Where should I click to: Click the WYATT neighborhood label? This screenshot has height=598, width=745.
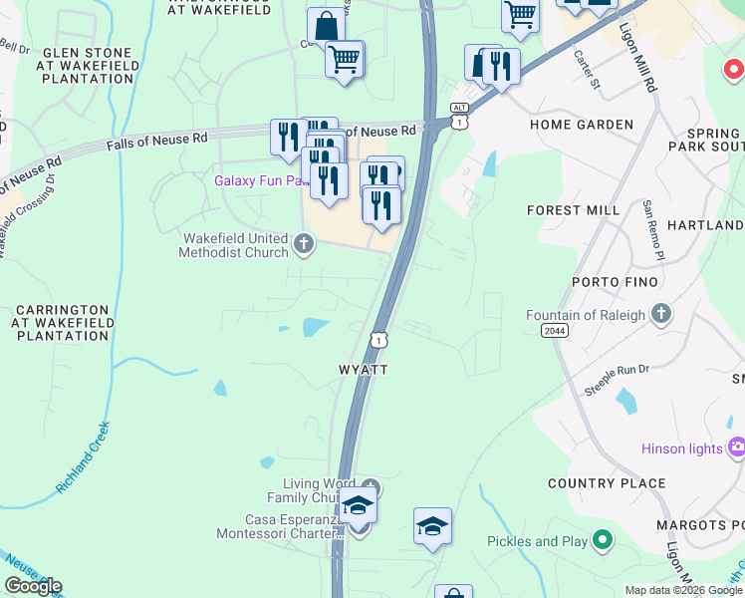coord(363,369)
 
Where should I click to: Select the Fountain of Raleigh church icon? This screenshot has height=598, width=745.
coord(659,315)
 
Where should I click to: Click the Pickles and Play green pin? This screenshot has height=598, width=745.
coord(601,541)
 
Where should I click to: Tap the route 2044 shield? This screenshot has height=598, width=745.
coord(556,330)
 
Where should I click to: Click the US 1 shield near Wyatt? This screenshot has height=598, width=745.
coord(379,340)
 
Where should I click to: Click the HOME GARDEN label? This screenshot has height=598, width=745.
coord(582,125)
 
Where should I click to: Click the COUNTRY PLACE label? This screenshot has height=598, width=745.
coord(607,483)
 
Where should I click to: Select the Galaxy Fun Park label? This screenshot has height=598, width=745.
coord(256,180)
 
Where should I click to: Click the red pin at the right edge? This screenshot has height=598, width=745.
coord(734,69)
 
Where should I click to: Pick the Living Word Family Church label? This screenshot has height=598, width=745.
coord(309,490)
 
